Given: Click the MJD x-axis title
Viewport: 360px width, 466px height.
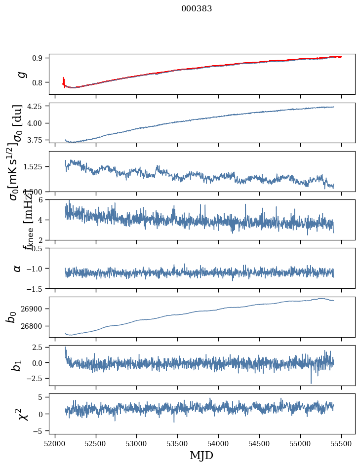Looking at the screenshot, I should pyautogui.click(x=201, y=455).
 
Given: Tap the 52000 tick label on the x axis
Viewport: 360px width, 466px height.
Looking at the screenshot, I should pyautogui.click(x=55, y=443).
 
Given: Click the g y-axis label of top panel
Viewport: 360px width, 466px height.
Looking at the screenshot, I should pyautogui.click(x=20, y=75).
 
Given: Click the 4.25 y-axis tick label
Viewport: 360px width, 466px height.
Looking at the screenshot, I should pyautogui.click(x=36, y=106).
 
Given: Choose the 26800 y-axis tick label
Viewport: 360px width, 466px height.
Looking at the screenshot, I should pyautogui.click(x=34, y=326).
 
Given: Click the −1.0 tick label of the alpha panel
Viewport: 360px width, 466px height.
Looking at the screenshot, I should pyautogui.click(x=35, y=269).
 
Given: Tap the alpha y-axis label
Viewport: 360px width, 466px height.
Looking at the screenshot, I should pyautogui.click(x=17, y=268).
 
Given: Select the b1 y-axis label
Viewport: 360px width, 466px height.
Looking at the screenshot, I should pyautogui.click(x=17, y=365).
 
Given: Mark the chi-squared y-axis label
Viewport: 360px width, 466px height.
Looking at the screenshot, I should pyautogui.click(x=22, y=414).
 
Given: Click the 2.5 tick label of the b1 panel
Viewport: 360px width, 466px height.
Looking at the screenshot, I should pyautogui.click(x=39, y=348).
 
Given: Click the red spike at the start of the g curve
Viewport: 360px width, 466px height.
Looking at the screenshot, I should pyautogui.click(x=64, y=80).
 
